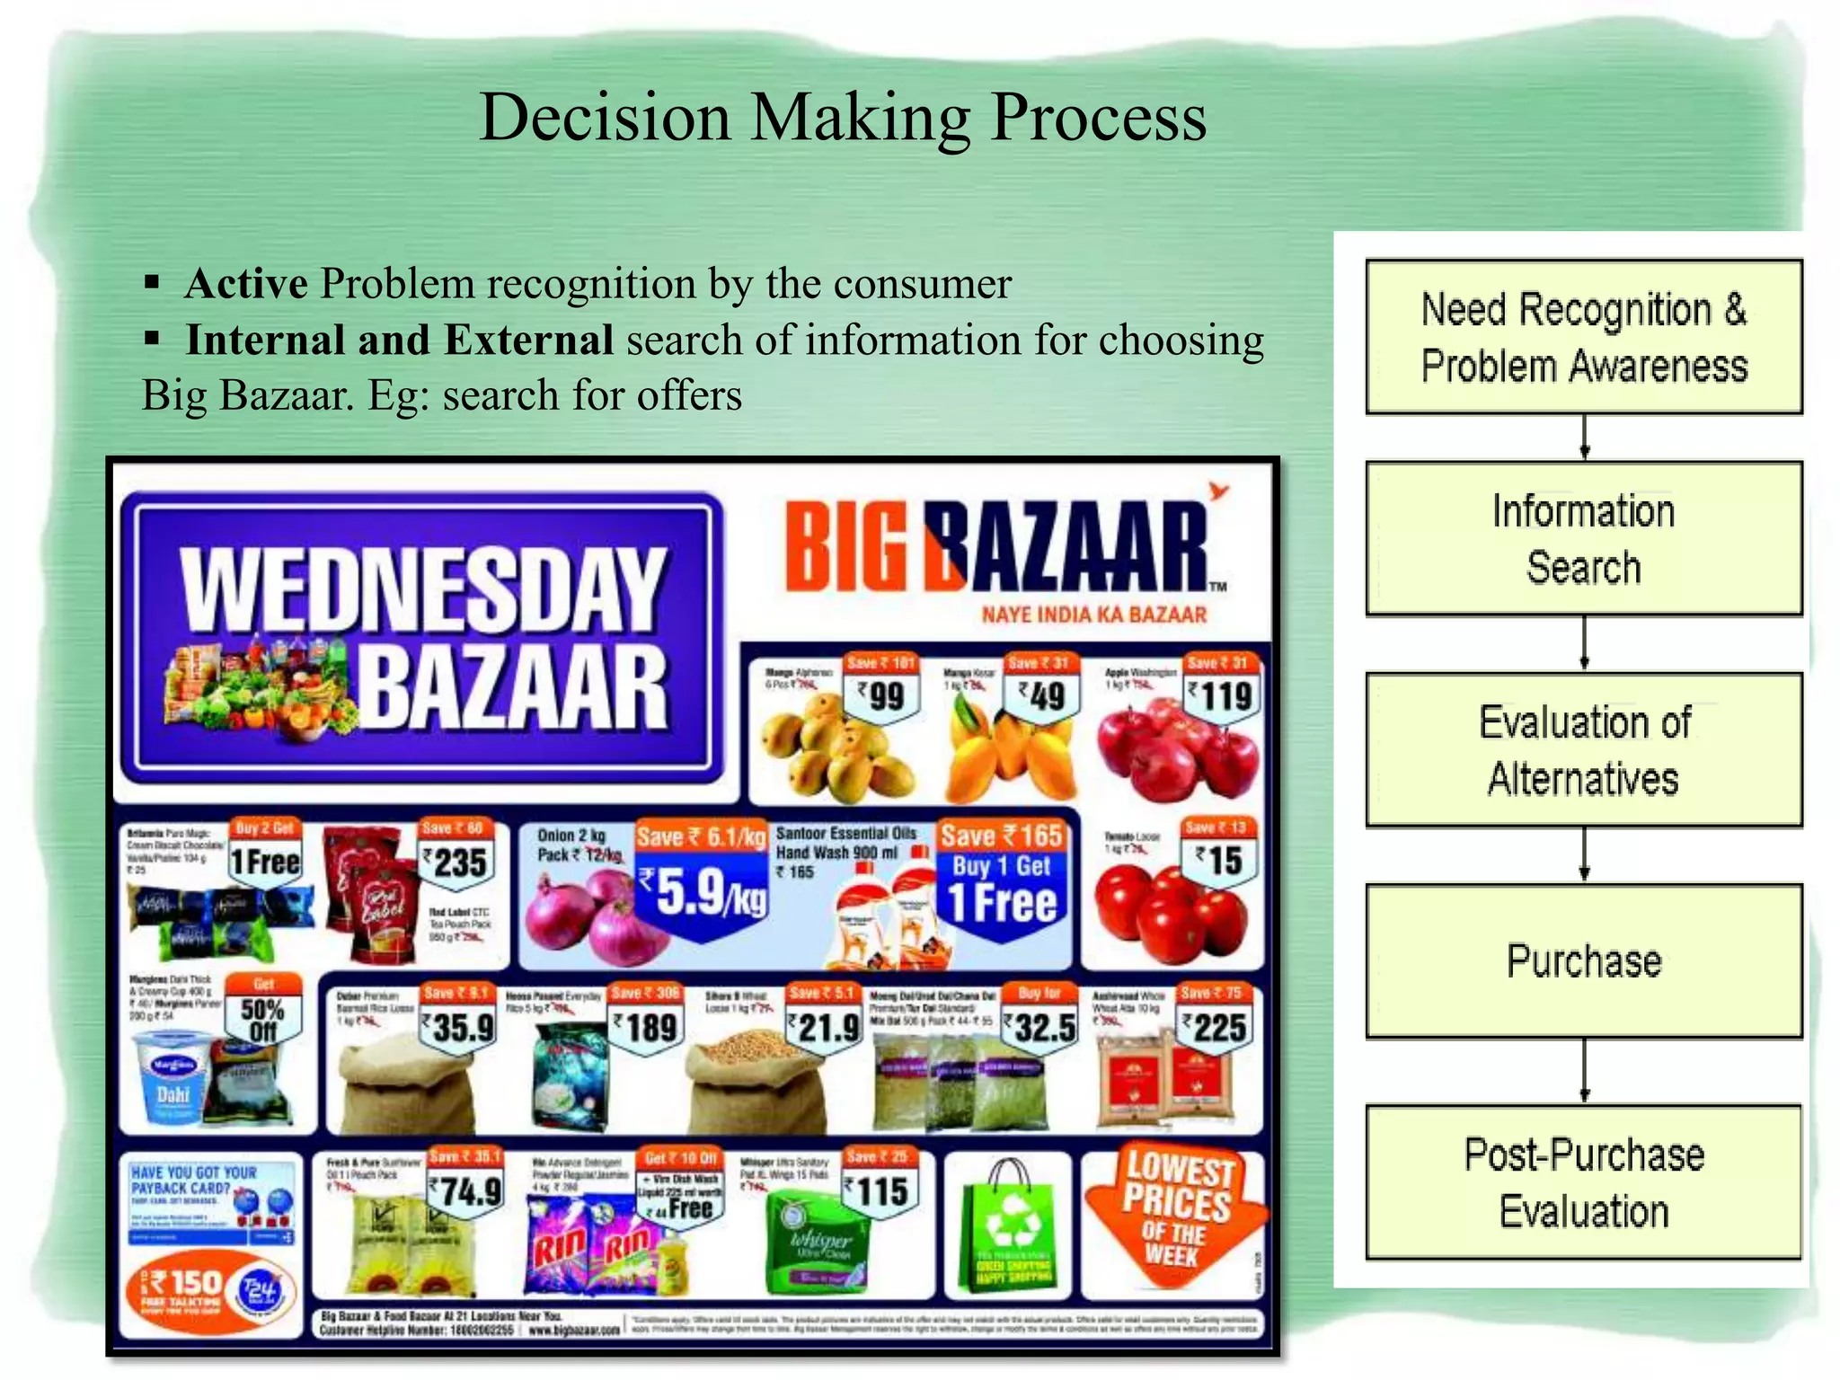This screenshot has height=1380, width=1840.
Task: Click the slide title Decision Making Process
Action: (843, 117)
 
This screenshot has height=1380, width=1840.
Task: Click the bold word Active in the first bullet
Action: (246, 284)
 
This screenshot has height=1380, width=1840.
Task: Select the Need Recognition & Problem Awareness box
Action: (1583, 337)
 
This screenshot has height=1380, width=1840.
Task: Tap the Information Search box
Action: (1583, 538)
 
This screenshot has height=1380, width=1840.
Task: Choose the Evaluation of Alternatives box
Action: (1583, 749)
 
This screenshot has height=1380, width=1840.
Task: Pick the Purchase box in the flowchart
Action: (1583, 960)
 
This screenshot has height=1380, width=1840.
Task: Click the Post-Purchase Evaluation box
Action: (1583, 1181)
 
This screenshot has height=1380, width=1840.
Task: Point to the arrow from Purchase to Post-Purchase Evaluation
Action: (1584, 1071)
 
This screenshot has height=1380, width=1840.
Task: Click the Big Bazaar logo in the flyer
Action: (997, 545)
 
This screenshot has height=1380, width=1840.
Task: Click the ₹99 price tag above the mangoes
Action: (881, 694)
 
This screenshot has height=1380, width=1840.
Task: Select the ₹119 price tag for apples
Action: (1220, 694)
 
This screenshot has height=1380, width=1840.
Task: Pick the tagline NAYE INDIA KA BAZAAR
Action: (1093, 615)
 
